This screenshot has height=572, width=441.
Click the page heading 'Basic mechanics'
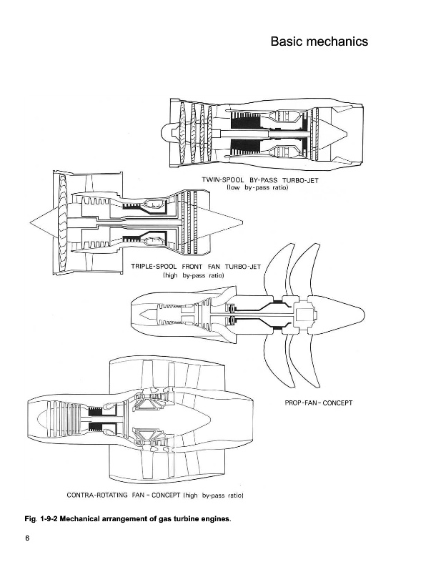point(319,41)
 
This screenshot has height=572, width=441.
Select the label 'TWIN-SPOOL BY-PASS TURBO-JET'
point(259,179)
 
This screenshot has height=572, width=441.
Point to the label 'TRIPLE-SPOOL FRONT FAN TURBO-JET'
point(198,266)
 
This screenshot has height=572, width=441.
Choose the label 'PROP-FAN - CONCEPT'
point(314,403)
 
